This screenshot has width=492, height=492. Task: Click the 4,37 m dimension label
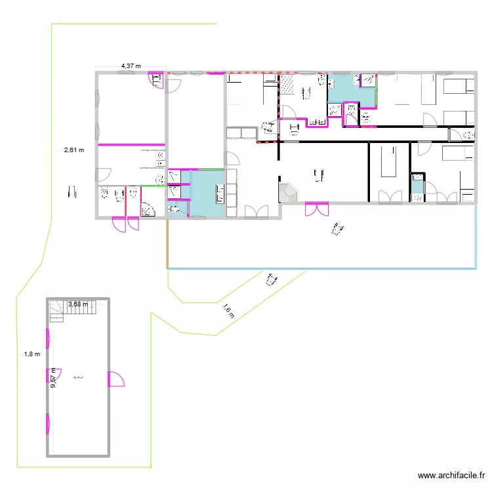(x=131, y=66)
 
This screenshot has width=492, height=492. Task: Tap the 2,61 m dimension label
(x=74, y=150)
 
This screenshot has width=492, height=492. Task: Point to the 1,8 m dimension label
(x=32, y=354)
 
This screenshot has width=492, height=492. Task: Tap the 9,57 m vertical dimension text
(x=54, y=379)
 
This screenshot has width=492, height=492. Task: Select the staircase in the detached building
(x=56, y=311)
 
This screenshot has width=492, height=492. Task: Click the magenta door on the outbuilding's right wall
(x=115, y=379)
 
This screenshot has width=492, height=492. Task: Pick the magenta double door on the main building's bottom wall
(x=316, y=209)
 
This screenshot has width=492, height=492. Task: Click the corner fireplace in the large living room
(x=287, y=194)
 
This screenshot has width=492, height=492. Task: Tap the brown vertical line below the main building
(x=167, y=243)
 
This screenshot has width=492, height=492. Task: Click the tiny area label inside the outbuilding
(x=77, y=377)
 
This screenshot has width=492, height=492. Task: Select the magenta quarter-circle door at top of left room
(x=157, y=80)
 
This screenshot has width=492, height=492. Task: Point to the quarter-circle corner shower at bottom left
(x=149, y=209)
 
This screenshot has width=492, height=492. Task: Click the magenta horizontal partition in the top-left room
(x=131, y=143)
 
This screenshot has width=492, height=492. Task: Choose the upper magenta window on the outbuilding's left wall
(x=47, y=338)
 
